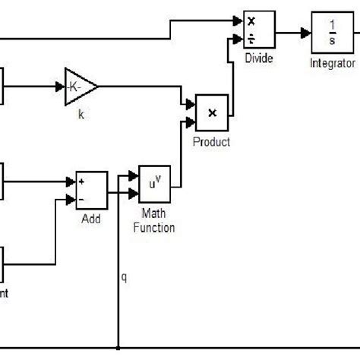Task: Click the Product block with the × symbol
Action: point(212,112)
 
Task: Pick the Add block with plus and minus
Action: point(91,189)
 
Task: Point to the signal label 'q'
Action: point(125,277)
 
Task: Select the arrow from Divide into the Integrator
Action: point(296,33)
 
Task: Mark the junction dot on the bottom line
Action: point(118,349)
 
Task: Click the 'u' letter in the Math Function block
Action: point(151,185)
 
